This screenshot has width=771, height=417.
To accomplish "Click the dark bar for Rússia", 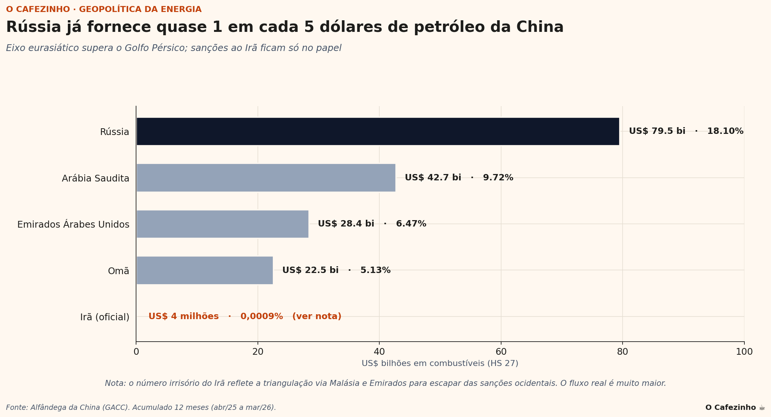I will click(377, 131).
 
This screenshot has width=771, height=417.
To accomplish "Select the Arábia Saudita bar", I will click(266, 178).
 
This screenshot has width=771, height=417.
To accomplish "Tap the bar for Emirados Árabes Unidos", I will click(222, 224).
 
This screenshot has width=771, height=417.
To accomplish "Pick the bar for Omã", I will click(204, 270).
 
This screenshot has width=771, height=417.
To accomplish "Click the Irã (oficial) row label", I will click(105, 317).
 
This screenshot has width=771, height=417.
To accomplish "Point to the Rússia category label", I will click(114, 132).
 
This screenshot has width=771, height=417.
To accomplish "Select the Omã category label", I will click(118, 271).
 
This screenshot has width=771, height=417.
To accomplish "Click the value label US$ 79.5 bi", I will click(657, 131).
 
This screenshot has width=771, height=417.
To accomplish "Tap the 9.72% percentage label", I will click(498, 178).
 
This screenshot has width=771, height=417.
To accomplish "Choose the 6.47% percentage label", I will click(411, 224).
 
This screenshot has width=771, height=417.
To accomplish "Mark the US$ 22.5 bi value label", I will click(310, 270).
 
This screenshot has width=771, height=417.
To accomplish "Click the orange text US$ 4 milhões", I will click(183, 316).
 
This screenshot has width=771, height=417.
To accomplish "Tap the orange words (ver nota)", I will click(316, 316).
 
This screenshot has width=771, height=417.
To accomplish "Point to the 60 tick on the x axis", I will click(501, 352).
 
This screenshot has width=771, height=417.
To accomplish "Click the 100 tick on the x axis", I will click(744, 352).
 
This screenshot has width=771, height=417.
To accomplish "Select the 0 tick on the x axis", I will click(136, 352).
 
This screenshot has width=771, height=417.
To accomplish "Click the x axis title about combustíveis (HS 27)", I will click(440, 363).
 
